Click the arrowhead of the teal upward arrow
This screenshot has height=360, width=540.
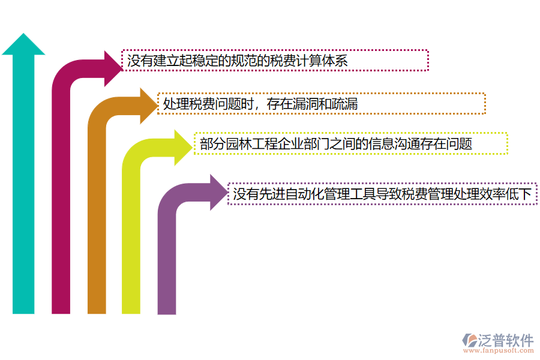point(23,46)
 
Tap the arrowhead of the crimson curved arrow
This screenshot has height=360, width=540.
point(113,61)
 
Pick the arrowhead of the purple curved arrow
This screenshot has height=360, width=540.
point(219,193)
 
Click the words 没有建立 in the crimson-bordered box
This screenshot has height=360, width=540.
point(147,61)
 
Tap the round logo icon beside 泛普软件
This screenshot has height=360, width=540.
point(470,341)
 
